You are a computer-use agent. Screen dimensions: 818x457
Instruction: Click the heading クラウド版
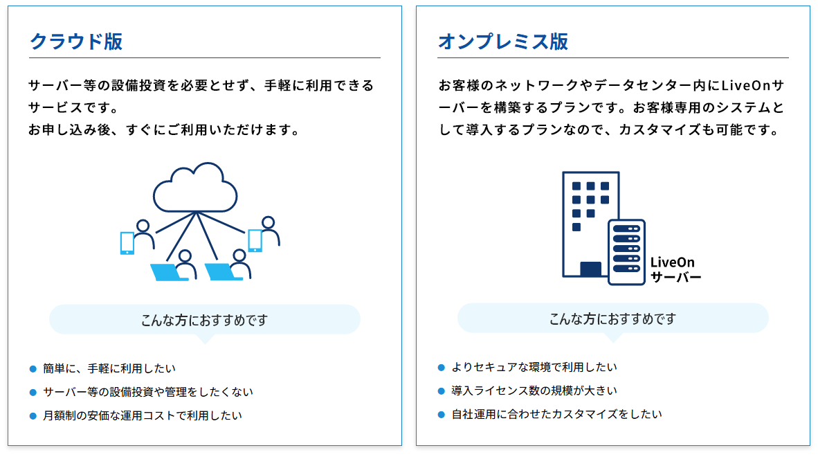point(76,42)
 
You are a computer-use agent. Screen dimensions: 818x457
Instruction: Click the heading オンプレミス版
point(503,42)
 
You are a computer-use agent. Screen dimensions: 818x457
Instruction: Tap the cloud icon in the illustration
point(195,187)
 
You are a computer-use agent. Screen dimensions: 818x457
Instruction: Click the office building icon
point(590,224)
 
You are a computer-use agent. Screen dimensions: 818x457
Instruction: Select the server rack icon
point(626,252)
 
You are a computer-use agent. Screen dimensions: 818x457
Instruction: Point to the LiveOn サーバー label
point(675,270)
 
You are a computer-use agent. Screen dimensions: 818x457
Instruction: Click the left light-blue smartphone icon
point(127,242)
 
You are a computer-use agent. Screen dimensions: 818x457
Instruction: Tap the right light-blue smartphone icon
point(255,240)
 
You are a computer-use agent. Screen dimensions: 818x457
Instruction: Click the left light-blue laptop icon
point(168,272)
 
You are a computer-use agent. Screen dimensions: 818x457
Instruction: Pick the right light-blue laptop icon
point(223,272)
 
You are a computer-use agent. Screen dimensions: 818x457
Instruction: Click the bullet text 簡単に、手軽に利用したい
point(109,369)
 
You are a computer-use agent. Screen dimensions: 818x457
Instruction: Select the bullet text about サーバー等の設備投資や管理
point(147,393)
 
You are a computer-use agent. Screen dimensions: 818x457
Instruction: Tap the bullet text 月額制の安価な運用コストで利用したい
point(143,415)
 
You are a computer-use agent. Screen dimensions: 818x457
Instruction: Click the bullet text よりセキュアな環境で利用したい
point(534,367)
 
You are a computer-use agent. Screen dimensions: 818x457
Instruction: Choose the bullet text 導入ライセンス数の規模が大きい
point(534,391)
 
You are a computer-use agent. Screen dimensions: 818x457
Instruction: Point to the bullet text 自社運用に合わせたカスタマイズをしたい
point(556,414)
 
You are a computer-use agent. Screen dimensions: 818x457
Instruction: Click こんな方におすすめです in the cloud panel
point(205,320)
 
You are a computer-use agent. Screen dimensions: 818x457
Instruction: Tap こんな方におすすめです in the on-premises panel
point(613,319)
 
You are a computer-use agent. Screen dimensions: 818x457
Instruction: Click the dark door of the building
point(590,269)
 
